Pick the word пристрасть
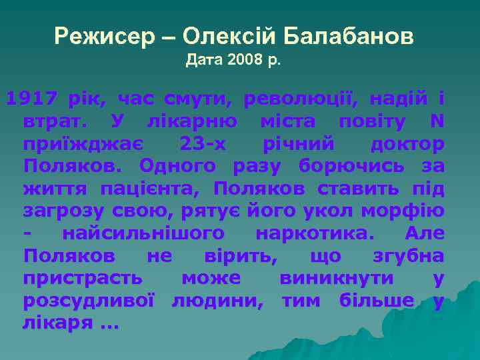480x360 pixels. (x=82, y=279)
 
